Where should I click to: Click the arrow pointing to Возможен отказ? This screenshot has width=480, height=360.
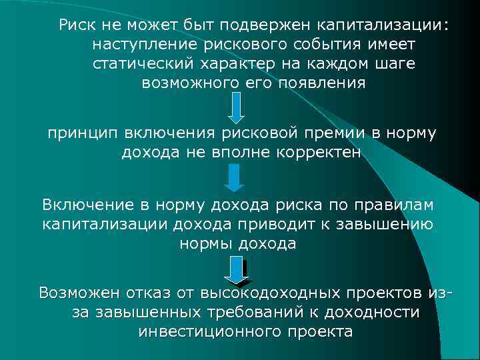tap(235, 271)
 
